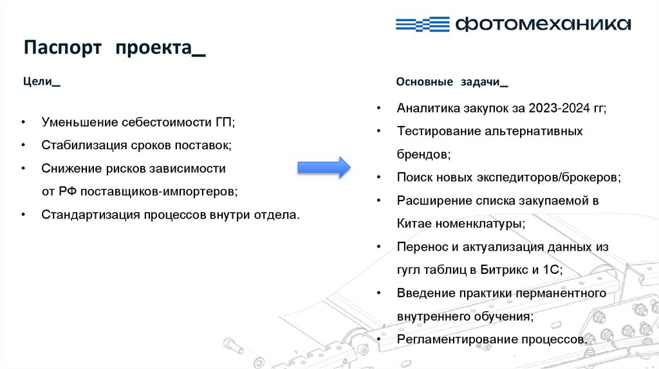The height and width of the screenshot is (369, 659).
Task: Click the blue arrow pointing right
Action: pos(323,167)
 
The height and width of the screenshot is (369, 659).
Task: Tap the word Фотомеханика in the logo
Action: pos(543,24)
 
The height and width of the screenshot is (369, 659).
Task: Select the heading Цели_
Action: pos(42,82)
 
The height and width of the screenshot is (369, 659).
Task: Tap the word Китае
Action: pos(414,224)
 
